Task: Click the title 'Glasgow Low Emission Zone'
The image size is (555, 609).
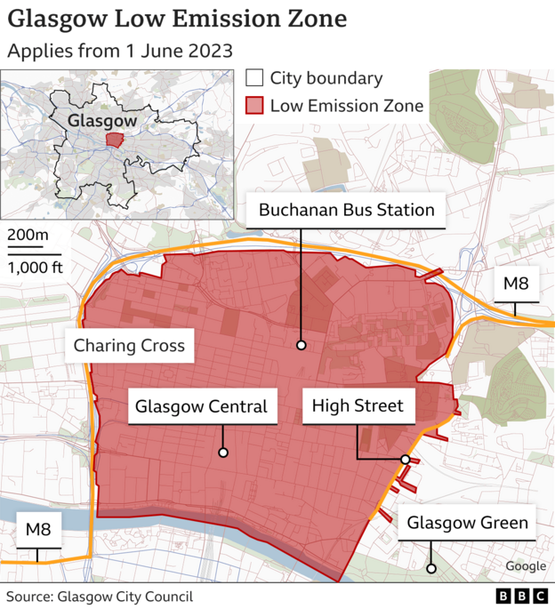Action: coord(177,19)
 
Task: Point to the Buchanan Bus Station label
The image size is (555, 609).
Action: coord(346,210)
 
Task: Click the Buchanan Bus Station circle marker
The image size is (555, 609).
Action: coord(302,345)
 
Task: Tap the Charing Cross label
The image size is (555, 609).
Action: coord(129,345)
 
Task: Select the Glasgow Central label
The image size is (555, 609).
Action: coord(201,407)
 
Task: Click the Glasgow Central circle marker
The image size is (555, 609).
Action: coord(222,453)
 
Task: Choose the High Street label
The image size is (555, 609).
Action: coord(358,407)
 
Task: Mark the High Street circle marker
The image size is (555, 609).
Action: coord(405,460)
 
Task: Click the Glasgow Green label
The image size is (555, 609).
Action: coord(468,523)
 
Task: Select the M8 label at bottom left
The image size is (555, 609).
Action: coord(37,530)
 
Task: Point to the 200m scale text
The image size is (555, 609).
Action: coord(29,236)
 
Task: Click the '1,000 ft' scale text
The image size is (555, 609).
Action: coord(36,267)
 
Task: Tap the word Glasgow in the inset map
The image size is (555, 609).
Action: coord(102,120)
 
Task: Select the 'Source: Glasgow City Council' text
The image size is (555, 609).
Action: coord(100,597)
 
